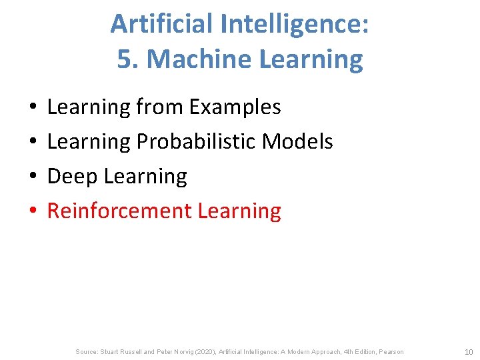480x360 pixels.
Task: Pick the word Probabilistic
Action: coord(196,141)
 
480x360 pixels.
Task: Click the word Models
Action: coord(297,141)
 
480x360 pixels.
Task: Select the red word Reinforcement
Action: coord(119,211)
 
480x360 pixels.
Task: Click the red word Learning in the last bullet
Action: coord(239,211)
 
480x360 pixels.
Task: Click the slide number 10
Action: coord(468,352)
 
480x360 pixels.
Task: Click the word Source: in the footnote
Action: coord(87,352)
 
